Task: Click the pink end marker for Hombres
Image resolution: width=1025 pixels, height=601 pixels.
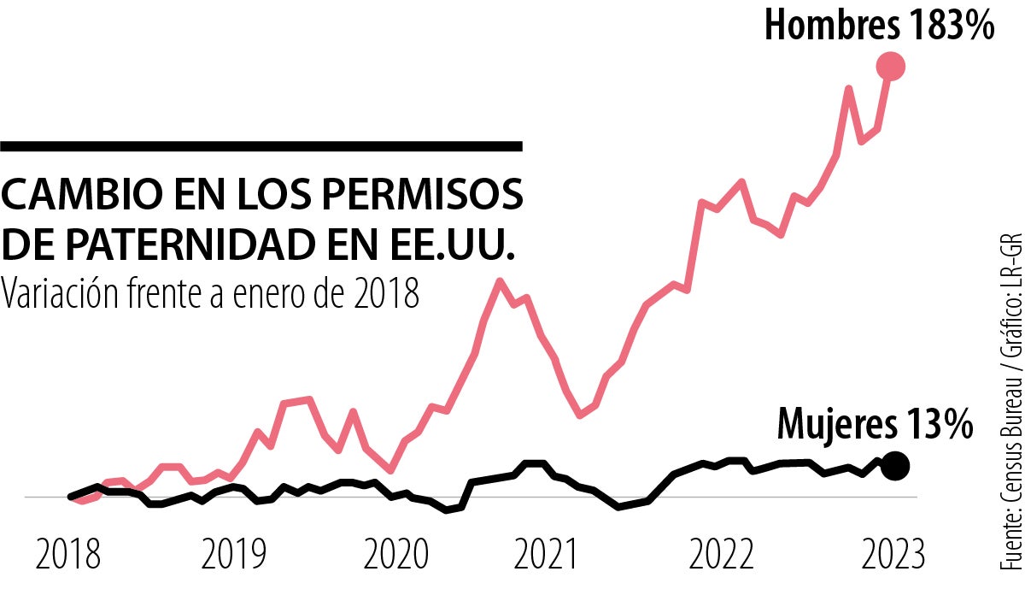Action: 891,66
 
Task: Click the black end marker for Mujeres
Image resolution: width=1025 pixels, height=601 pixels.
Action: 894,466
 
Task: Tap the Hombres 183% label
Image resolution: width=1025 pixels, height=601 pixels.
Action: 879,26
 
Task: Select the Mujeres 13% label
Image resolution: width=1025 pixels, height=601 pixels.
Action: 875,424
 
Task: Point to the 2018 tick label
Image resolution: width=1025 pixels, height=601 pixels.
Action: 68,556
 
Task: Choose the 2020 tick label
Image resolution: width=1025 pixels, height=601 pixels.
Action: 395,556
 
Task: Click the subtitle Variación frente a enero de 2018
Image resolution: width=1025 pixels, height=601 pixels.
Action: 211,293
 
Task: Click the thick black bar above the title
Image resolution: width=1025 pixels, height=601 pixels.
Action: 261,147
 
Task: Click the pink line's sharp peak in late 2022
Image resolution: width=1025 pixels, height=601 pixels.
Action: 848,88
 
